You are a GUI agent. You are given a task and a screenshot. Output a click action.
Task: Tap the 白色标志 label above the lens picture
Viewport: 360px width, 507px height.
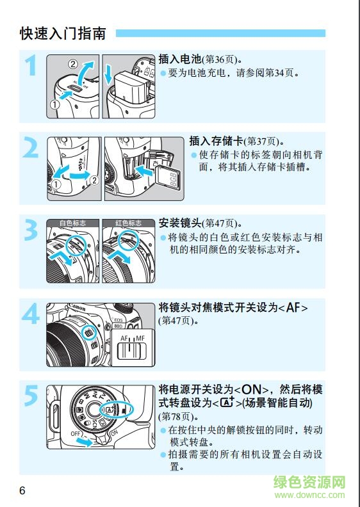[73, 223]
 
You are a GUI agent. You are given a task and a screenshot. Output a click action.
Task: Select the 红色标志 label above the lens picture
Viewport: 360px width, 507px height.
[128, 223]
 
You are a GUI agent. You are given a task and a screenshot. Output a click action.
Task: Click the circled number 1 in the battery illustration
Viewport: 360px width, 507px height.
[56, 105]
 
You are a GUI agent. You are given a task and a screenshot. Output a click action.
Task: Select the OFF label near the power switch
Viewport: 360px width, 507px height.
[76, 435]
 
